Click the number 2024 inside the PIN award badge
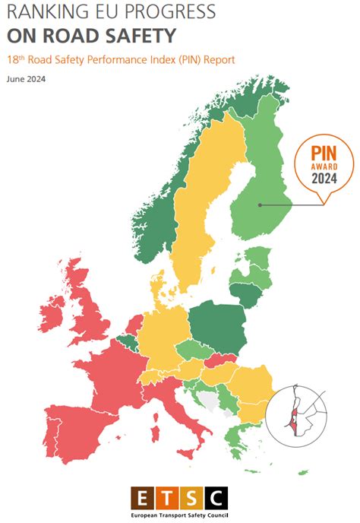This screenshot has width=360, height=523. [x=324, y=179]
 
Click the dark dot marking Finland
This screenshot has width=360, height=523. [x=260, y=204]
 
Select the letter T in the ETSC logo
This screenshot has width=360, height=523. [x=167, y=498]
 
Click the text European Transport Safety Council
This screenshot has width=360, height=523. [x=179, y=515]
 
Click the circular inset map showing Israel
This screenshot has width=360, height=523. [x=299, y=410]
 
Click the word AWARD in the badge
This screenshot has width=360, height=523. [x=324, y=166]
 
